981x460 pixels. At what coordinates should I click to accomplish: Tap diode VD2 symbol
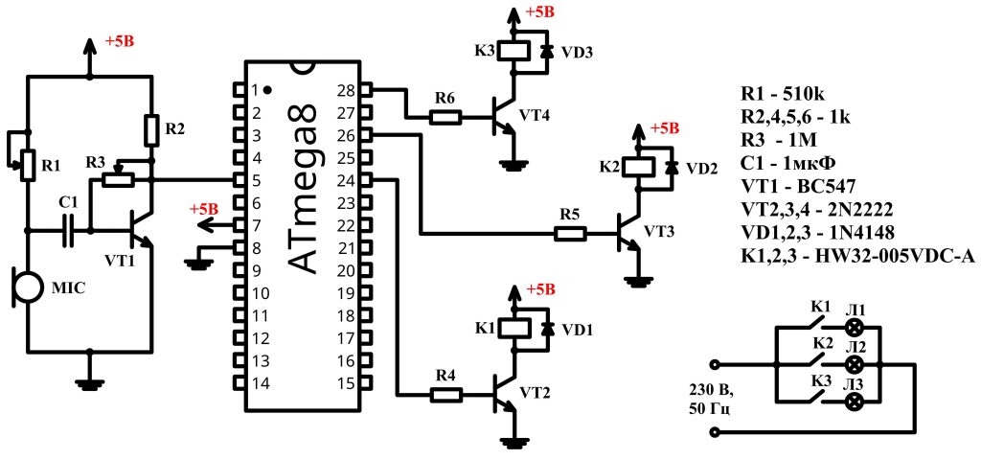tap(672, 166)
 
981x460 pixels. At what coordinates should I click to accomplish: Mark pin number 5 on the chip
tap(256, 180)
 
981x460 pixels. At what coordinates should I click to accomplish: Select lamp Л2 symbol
tap(856, 365)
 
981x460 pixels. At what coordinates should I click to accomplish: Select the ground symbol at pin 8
tap(199, 260)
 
